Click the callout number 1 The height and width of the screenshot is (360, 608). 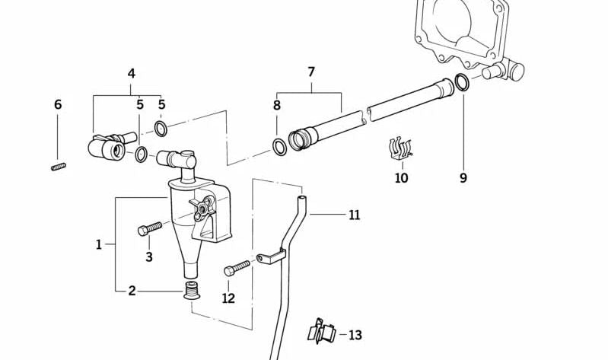pos(98,244)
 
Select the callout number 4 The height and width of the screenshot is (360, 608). pos(132,74)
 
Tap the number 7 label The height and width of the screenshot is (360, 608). pos(310,72)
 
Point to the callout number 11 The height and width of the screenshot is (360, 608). pos(354,215)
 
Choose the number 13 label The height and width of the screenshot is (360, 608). pos(355,335)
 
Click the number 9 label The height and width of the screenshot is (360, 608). pos(463,178)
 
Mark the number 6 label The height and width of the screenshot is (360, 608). pos(58,104)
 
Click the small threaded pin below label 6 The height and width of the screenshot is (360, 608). pos(59,166)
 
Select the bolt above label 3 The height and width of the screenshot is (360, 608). pos(151,228)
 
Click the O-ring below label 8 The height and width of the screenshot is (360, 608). pos(279,146)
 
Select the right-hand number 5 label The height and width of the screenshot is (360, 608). pos(161,104)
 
